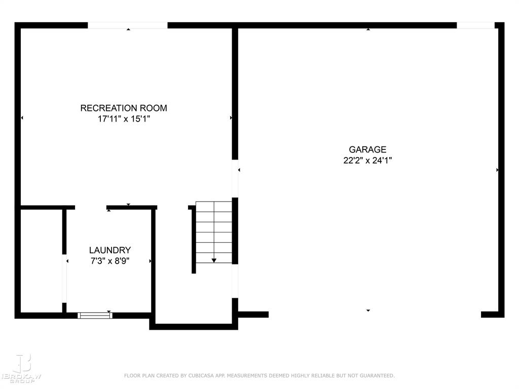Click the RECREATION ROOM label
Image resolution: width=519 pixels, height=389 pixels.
point(124,108)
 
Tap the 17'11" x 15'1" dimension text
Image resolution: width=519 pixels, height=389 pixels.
point(124,120)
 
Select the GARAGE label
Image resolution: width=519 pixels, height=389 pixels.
point(367,149)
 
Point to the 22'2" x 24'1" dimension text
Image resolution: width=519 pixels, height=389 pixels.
point(367,161)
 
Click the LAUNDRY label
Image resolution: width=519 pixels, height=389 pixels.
point(110,250)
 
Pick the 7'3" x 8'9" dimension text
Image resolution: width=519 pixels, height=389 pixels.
point(110,261)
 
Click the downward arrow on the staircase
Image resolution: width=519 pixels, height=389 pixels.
point(214,260)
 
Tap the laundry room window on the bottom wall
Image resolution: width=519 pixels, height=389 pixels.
point(95,315)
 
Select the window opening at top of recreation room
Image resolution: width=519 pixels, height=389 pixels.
point(128,25)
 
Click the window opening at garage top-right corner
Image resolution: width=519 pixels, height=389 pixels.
point(475,25)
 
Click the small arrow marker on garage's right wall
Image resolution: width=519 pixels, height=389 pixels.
point(497,170)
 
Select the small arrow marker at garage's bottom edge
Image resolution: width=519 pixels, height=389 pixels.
point(368,310)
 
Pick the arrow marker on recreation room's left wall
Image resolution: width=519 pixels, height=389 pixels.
point(22,118)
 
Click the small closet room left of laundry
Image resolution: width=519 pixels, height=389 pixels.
point(42,261)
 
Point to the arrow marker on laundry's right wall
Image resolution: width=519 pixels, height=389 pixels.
point(150,261)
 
